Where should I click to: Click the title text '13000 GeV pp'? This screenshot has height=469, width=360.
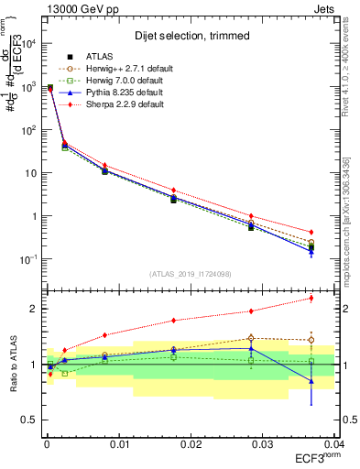pos(76,8)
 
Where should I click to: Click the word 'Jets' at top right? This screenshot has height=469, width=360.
pos(322,8)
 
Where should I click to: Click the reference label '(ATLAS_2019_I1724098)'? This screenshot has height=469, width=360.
pos(190,273)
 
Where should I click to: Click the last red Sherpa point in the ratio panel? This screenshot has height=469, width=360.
pos(311,298)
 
